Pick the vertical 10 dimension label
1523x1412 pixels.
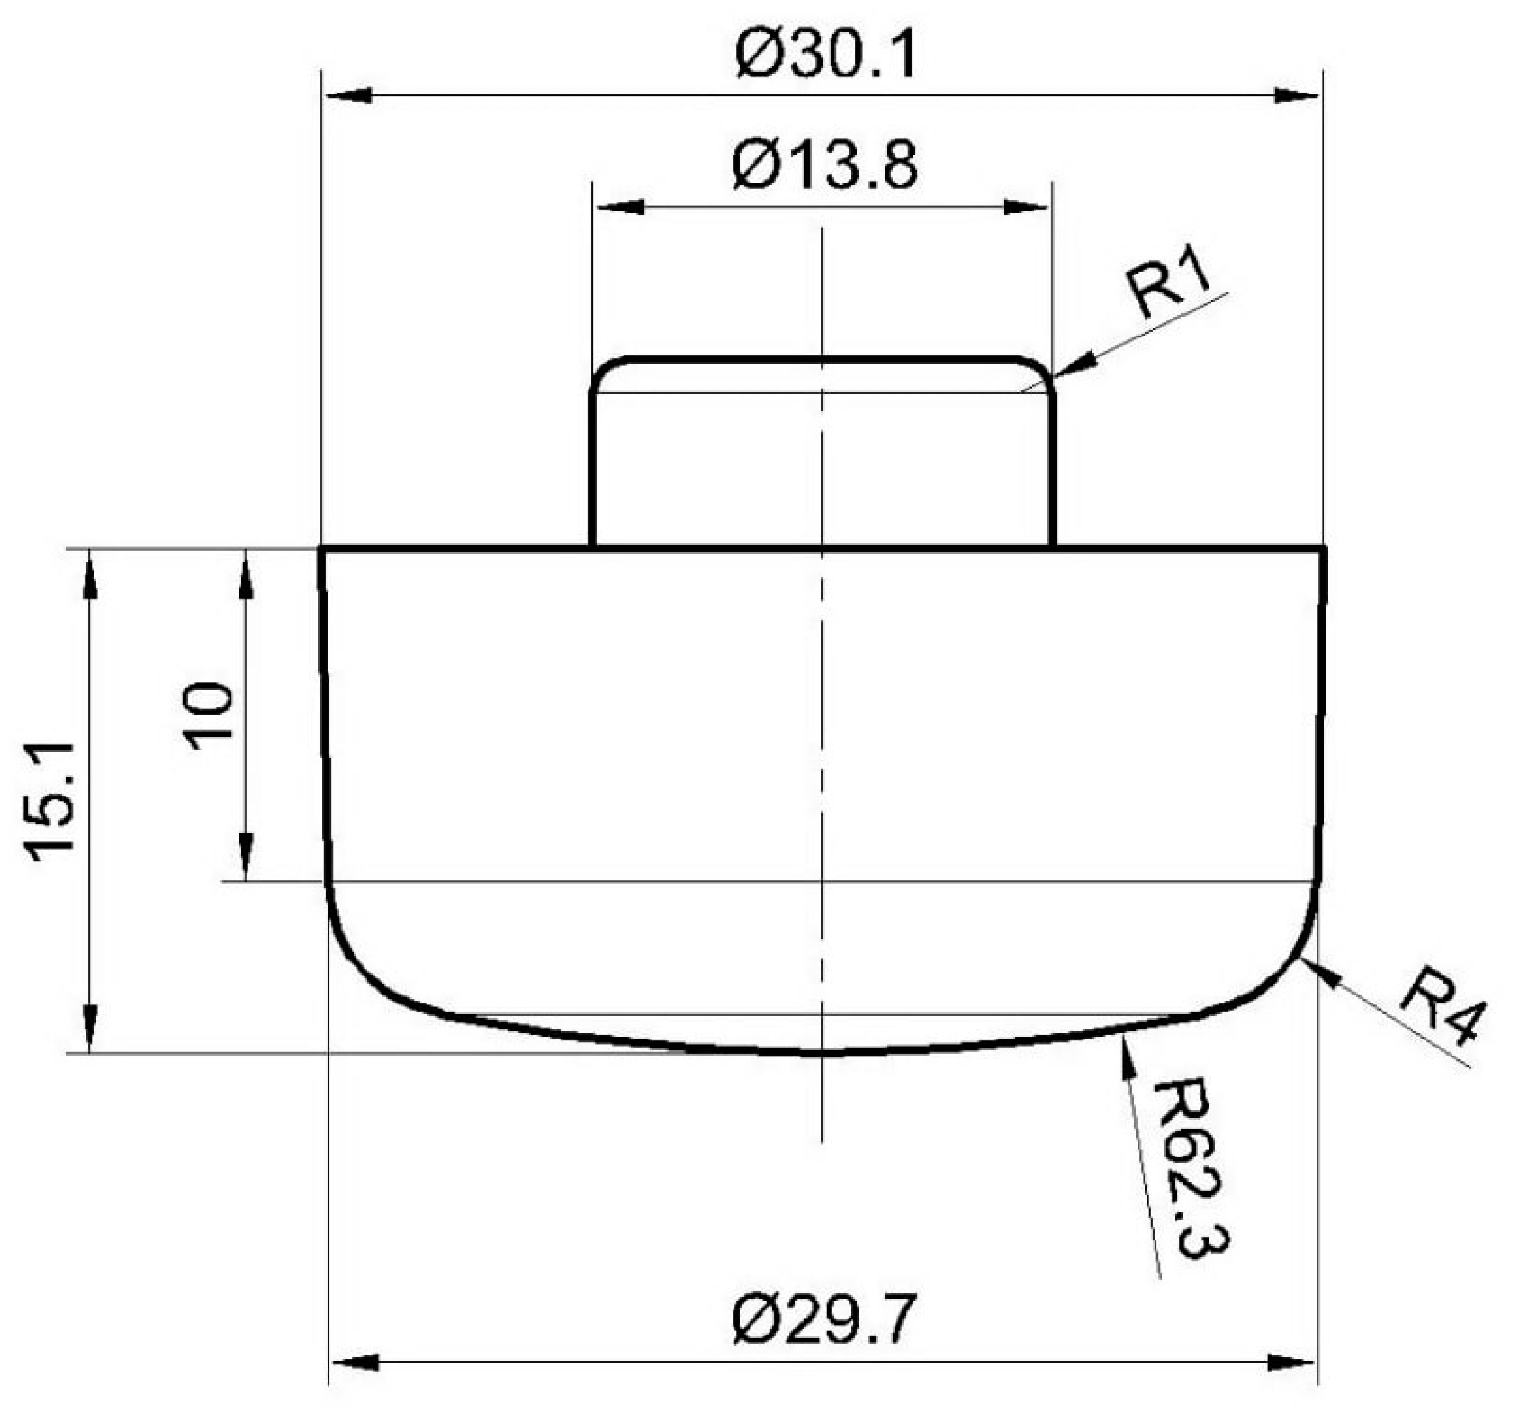pyautogui.click(x=208, y=717)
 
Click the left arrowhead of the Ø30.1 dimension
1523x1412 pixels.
pyautogui.click(x=348, y=96)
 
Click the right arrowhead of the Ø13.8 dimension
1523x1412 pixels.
pyautogui.click(x=1025, y=207)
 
